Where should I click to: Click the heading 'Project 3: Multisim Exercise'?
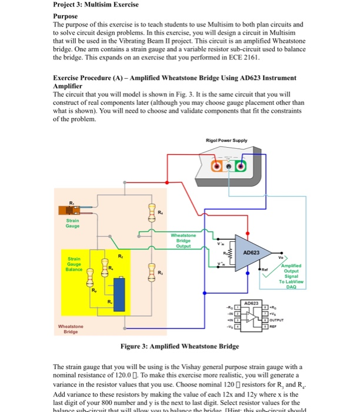(x=88, y=5)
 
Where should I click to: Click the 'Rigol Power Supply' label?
(x=226, y=140)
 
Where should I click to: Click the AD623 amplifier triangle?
(x=250, y=254)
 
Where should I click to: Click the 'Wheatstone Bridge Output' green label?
(x=182, y=241)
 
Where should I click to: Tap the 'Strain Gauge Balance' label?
(x=74, y=264)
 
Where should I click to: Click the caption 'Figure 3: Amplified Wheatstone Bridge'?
(x=179, y=347)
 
